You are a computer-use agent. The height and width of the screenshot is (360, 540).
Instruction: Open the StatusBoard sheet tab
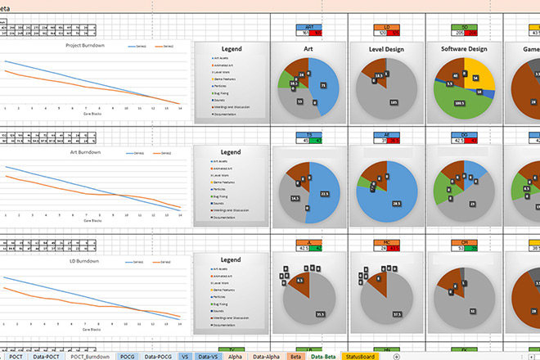(362, 356)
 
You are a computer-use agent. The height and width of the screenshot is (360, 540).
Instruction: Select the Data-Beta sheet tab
(322, 356)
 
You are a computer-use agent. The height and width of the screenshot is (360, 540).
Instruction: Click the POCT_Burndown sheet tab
(89, 356)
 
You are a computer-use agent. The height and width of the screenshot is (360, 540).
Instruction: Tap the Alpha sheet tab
(236, 356)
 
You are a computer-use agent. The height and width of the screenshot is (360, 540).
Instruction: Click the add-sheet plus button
(397, 356)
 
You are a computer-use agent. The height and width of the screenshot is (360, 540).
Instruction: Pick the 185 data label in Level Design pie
(393, 101)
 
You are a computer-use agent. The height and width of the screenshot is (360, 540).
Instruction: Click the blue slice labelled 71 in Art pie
(324, 86)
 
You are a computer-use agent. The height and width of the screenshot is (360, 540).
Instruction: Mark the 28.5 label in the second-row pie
(397, 203)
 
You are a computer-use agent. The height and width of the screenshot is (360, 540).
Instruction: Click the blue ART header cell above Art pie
(303, 27)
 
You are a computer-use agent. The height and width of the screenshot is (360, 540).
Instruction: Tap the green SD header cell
(464, 27)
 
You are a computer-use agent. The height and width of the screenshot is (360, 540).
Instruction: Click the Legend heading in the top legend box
(231, 50)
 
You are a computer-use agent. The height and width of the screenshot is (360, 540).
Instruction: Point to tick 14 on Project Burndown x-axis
(179, 108)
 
